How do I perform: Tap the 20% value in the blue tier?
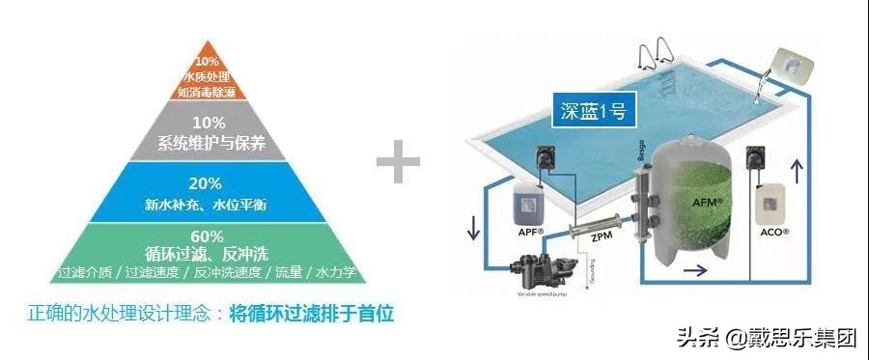tap(210, 183)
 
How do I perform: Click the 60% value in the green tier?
tap(210, 236)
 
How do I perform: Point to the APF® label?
tap(530, 232)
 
